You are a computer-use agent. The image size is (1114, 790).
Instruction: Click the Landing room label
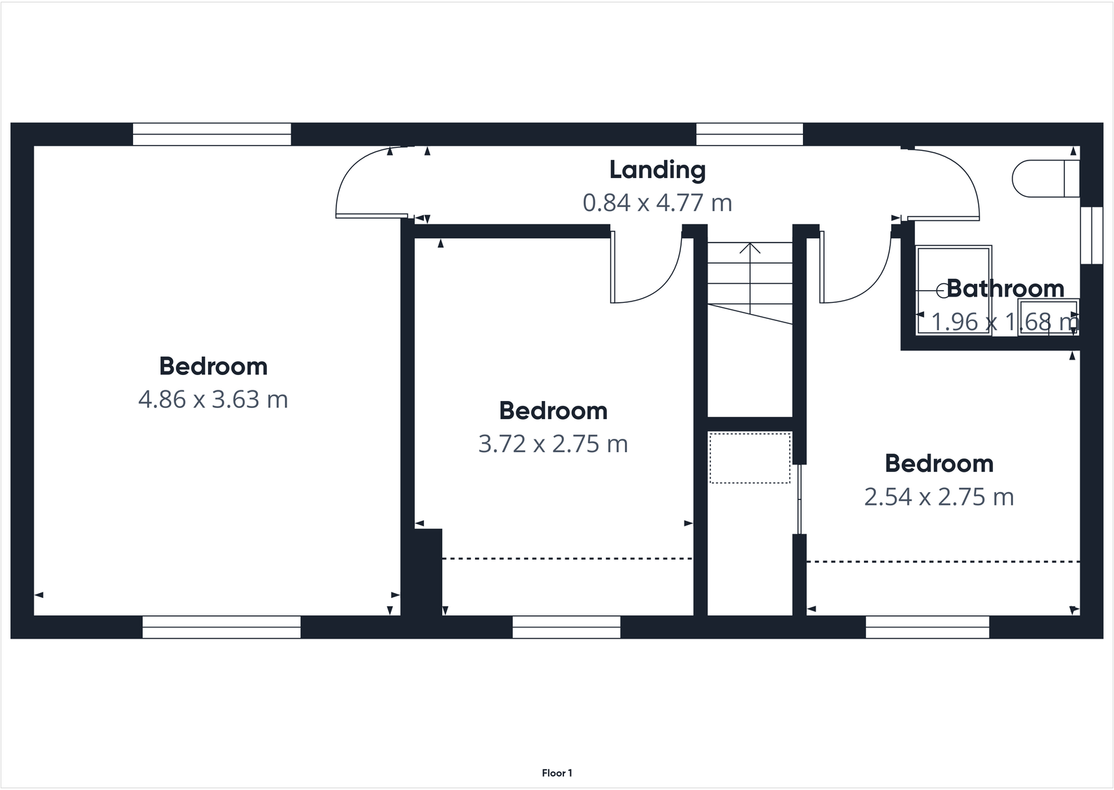tap(657, 170)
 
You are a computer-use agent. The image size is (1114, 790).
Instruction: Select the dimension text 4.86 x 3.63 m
tap(213, 400)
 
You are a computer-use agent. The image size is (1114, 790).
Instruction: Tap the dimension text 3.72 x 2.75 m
tap(553, 444)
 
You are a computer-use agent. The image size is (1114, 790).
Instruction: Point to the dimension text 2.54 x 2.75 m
tap(939, 497)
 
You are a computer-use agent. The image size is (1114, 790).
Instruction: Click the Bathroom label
tap(1005, 289)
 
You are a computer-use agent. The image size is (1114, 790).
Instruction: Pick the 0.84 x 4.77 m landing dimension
tap(657, 203)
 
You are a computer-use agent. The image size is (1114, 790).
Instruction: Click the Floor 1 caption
tap(557, 773)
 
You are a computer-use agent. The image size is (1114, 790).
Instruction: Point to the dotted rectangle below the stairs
tap(750, 458)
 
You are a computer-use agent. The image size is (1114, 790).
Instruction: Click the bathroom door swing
tap(946, 182)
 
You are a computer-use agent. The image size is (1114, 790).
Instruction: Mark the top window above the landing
tap(749, 134)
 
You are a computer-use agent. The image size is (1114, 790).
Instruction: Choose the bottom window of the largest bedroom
tap(221, 627)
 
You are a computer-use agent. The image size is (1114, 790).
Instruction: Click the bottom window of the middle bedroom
tap(566, 627)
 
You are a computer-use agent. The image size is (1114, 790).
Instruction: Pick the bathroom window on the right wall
tap(1091, 236)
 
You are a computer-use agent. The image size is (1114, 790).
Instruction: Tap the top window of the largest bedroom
tap(212, 134)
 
